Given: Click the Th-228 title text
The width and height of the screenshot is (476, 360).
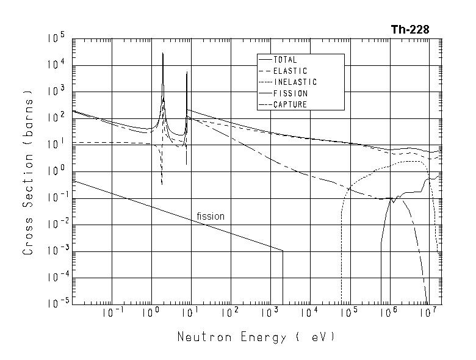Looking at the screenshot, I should [x=409, y=30].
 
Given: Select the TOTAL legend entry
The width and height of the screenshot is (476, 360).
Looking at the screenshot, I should [x=285, y=60].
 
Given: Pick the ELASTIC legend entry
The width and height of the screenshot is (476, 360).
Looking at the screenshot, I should [x=290, y=71].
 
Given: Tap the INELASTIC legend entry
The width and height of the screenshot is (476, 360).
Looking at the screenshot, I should [x=295, y=82].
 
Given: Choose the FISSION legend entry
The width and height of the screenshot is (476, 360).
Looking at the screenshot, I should [x=290, y=93].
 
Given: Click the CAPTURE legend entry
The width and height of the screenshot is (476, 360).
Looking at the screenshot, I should [x=290, y=104].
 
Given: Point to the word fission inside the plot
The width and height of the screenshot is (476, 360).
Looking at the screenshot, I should [x=211, y=217].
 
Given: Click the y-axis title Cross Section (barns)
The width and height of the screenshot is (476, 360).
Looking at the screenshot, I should [x=28, y=173].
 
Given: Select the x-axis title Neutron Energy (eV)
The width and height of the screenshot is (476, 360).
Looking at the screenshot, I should [x=256, y=337].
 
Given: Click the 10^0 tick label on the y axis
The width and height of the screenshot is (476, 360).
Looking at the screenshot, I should [x=56, y=171].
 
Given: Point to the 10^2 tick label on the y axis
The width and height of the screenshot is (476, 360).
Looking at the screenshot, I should [x=56, y=118].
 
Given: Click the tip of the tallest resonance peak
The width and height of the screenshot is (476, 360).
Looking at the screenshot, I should [x=163, y=53].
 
